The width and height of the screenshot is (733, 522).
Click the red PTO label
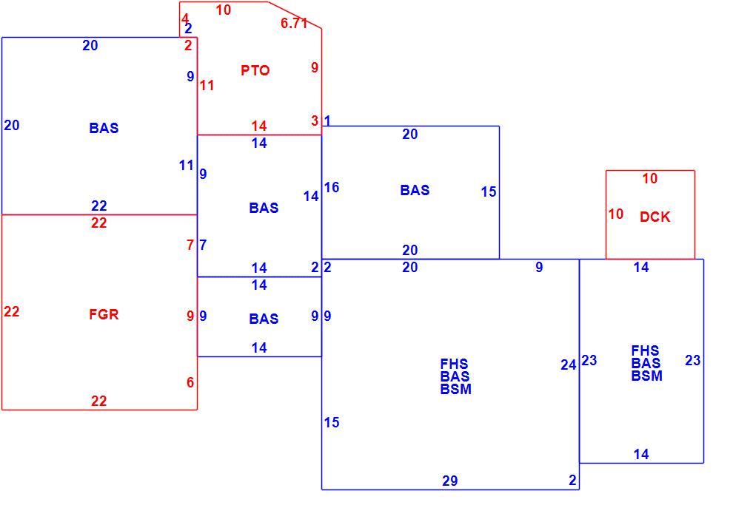[255, 70]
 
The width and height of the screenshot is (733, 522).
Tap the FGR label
[104, 314]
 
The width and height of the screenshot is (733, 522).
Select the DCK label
[655, 217]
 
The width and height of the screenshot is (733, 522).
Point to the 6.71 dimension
[294, 23]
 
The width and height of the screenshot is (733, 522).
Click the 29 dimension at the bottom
[449, 481]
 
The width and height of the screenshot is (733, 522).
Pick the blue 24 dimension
[569, 365]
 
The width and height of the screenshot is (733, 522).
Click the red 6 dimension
[190, 382]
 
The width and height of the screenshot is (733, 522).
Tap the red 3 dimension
[315, 121]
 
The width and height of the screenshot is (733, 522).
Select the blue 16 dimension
[332, 187]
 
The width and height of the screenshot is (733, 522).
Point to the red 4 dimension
[184, 18]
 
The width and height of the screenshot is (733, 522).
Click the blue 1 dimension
[328, 121]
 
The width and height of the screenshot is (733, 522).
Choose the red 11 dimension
[207, 86]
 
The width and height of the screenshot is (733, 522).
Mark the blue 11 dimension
[186, 166]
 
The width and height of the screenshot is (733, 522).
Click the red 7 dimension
[190, 245]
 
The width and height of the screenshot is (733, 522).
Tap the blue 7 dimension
[203, 245]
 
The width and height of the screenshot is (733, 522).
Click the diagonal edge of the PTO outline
[295, 15]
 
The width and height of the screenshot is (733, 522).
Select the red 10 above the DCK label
[650, 178]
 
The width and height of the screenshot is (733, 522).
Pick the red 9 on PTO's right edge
[315, 67]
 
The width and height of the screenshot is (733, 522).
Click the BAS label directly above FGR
[104, 128]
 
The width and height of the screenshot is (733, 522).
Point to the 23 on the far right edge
[693, 361]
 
